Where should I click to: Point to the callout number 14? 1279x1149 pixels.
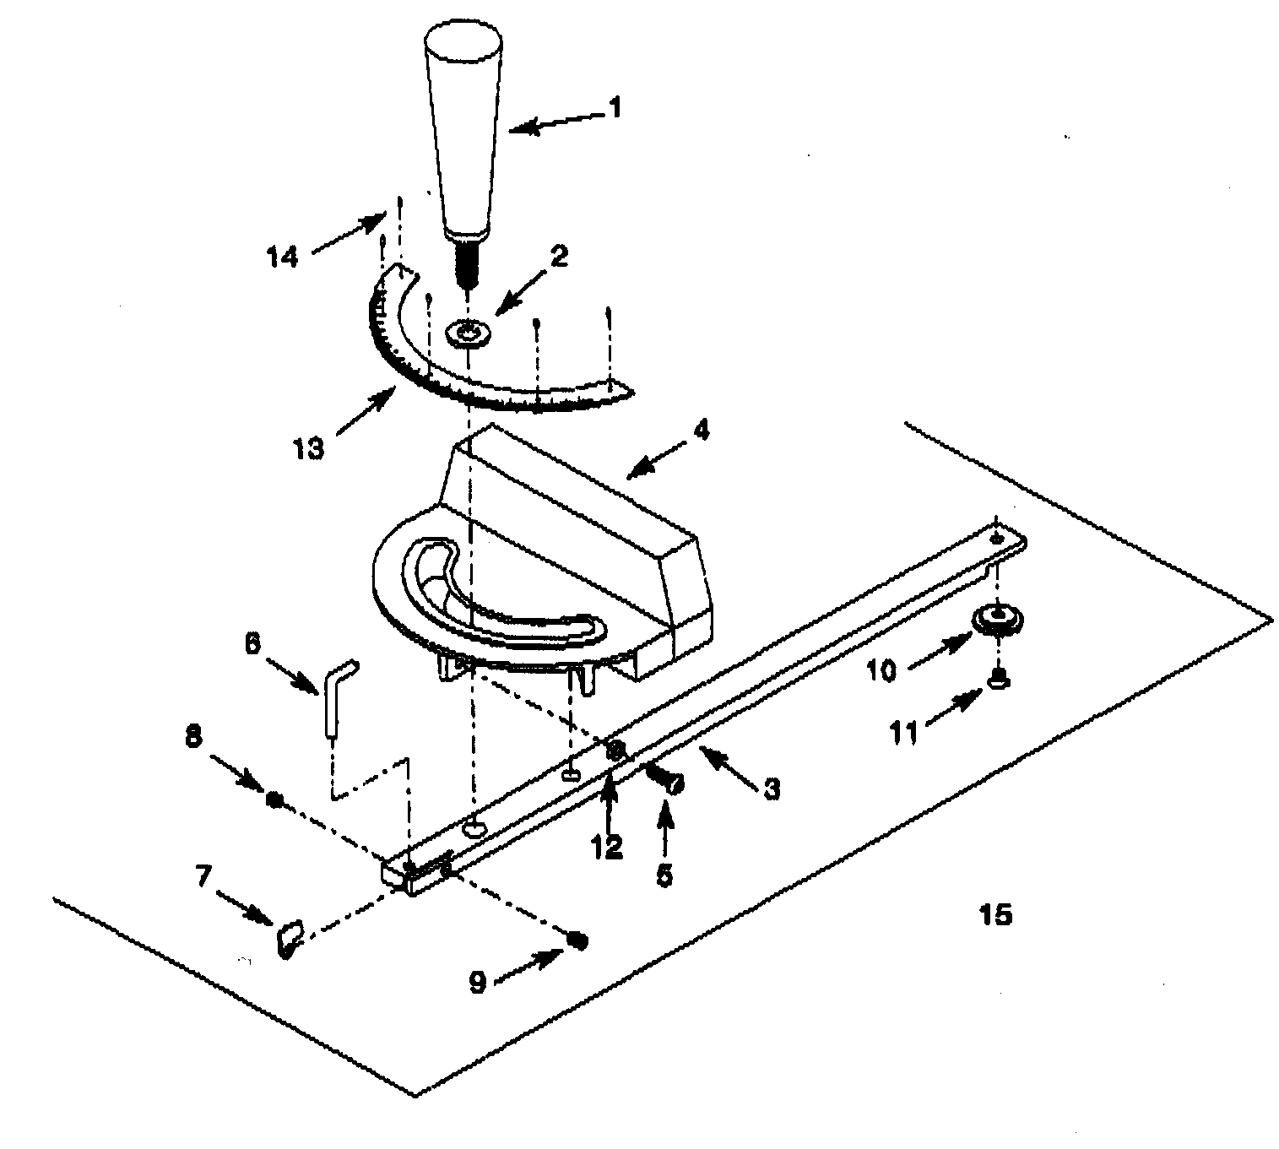[x=283, y=255]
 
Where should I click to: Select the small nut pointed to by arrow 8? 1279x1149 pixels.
[x=273, y=799]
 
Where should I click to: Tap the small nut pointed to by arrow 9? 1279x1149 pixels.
[x=577, y=940]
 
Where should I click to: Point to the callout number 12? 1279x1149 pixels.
[x=608, y=846]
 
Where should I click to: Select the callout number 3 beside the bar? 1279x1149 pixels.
[x=771, y=789]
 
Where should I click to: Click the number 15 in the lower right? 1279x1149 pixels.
[x=995, y=913]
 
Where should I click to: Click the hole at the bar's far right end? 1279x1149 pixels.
[x=997, y=538]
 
